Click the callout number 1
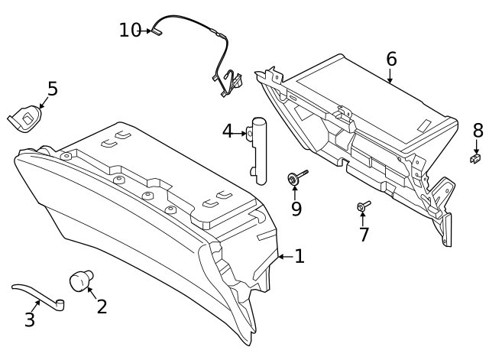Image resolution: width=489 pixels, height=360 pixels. pyautogui.click(x=300, y=257)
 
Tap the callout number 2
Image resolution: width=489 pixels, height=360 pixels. pyautogui.click(x=102, y=306)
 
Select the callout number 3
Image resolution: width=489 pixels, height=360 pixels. pyautogui.click(x=30, y=319)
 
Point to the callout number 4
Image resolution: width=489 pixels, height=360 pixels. pyautogui.click(x=228, y=131)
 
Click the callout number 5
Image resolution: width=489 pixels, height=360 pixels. pyautogui.click(x=52, y=89)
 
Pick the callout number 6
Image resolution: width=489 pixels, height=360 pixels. pyautogui.click(x=391, y=59)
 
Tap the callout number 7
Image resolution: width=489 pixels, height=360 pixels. pyautogui.click(x=364, y=235)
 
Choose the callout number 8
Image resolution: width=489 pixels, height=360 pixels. pyautogui.click(x=478, y=130)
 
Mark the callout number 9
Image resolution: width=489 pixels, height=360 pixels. pyautogui.click(x=296, y=209)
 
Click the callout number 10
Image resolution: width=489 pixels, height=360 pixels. pyautogui.click(x=130, y=31)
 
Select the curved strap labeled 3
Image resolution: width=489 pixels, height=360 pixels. pyautogui.click(x=38, y=295)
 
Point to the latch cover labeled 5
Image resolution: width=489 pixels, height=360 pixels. pyautogui.click(x=25, y=117)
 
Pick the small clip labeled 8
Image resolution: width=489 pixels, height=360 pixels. pyautogui.click(x=475, y=157)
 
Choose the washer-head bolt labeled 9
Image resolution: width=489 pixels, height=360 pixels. pyautogui.click(x=295, y=178)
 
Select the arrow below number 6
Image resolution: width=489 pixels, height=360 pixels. pyautogui.click(x=390, y=76)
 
